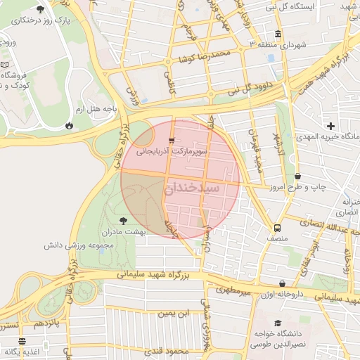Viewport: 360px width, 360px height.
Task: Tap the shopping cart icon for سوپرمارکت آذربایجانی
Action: pyautogui.click(x=172, y=141)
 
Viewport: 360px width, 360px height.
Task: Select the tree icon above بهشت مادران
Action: pyautogui.click(x=124, y=221)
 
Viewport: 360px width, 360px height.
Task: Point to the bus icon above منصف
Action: pyautogui.click(x=277, y=228)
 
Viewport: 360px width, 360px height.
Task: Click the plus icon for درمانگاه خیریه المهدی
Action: pyautogui.click(x=330, y=126)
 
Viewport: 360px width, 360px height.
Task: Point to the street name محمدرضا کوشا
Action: pyautogui.click(x=204, y=56)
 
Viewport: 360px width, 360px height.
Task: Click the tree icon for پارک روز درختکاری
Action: pyautogui.click(x=39, y=9)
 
